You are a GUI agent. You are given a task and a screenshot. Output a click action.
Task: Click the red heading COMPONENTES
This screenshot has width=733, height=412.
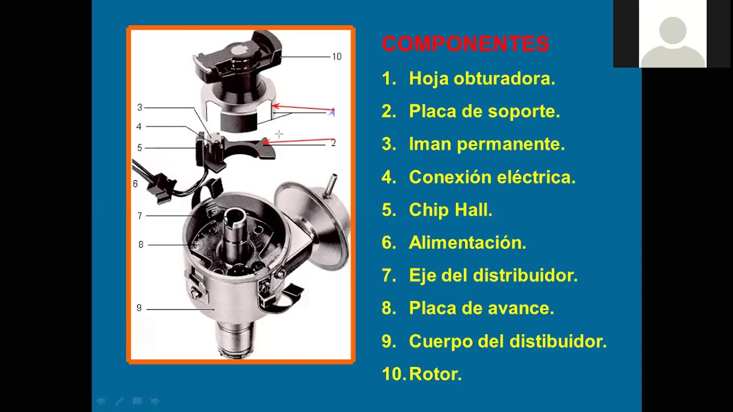point(466,44)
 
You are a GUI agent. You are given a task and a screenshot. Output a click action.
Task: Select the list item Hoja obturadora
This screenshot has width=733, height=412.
point(482,79)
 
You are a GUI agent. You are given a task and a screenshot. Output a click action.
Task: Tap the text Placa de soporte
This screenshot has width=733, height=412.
point(484,112)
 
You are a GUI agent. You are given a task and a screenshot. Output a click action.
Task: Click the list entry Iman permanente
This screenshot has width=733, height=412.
point(487,144)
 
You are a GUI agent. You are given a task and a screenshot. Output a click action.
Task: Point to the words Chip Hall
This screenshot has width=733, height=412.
point(451,209)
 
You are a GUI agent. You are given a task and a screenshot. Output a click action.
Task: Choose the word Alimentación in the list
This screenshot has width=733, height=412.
point(467,243)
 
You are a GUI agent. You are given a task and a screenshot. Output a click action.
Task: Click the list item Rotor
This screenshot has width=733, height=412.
point(435,374)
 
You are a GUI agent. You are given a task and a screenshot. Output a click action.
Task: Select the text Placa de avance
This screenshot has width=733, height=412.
point(482,308)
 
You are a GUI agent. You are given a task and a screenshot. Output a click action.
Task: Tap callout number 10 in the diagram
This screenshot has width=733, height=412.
point(337,57)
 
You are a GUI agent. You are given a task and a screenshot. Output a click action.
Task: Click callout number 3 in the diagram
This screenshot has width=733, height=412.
point(140,107)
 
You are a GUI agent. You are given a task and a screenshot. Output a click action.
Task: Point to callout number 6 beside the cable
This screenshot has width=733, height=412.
point(135,184)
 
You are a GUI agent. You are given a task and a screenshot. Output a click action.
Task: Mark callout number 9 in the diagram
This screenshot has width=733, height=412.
point(139,308)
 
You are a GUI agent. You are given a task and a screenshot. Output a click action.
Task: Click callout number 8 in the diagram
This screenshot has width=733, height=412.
point(141,244)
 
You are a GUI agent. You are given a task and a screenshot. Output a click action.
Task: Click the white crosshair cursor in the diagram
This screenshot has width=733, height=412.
point(279,134)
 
